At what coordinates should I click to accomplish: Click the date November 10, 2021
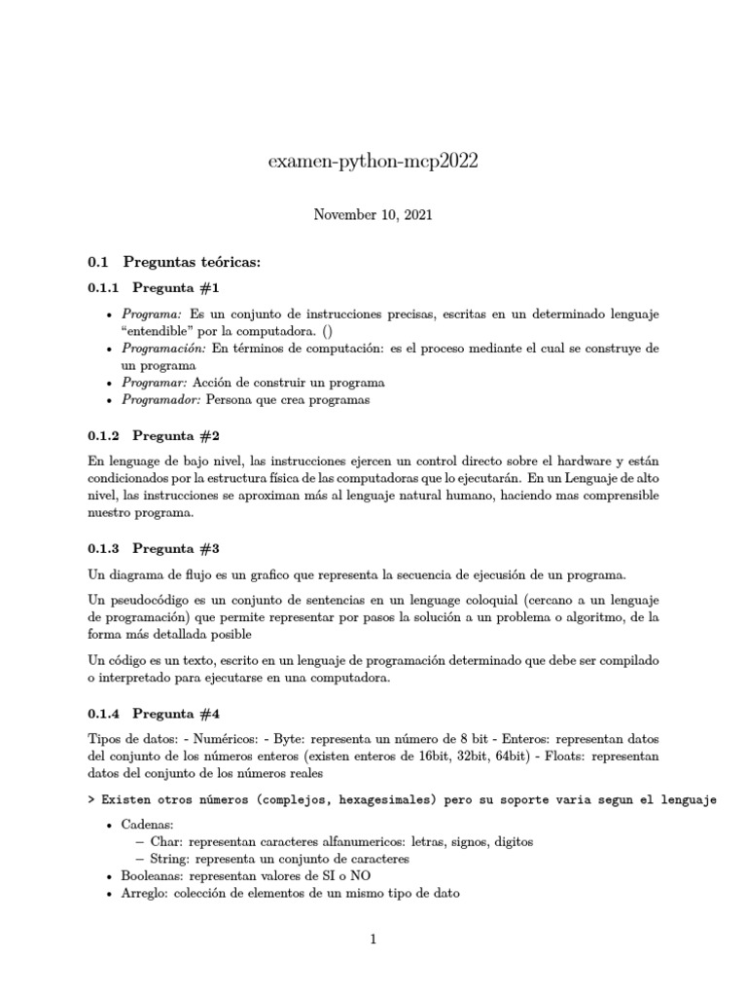(373, 215)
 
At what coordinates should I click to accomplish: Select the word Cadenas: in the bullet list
(149, 825)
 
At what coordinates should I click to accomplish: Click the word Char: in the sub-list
(166, 841)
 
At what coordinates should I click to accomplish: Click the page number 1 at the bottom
(373, 940)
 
